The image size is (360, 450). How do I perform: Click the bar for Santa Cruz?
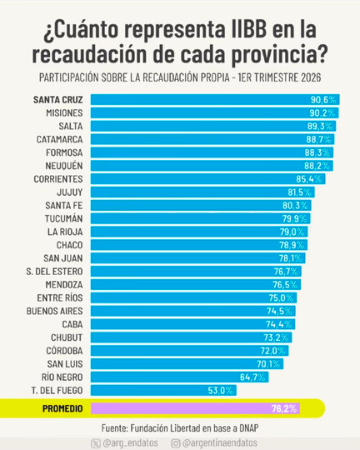coord(215,100)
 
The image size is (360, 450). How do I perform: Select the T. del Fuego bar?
coord(163,390)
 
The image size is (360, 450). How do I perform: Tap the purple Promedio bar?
coord(196,408)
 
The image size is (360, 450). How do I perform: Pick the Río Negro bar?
coord(180,377)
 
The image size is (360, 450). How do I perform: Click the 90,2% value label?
coord(322,113)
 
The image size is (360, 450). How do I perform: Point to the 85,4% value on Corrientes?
coord(309,179)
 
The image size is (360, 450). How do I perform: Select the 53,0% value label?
coord(220,390)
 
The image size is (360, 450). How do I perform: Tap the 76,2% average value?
coord(284,408)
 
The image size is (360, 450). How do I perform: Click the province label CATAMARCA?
coord(59,139)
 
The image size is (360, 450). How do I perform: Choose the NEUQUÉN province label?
coord(64,166)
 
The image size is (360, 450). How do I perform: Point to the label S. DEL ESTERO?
coord(54,272)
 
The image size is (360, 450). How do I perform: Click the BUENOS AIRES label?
coord(54,311)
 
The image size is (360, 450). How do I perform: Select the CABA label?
coord(72,324)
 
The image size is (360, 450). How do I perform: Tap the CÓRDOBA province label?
coord(64,350)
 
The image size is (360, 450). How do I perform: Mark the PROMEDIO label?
coord(62,408)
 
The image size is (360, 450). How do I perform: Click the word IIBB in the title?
coord(249,29)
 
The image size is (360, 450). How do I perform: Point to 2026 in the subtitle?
coord(311,77)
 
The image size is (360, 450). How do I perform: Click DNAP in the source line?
coord(249,428)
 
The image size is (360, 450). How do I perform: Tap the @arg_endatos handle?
coord(130,442)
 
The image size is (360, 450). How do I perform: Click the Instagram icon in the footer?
coord(175,443)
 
